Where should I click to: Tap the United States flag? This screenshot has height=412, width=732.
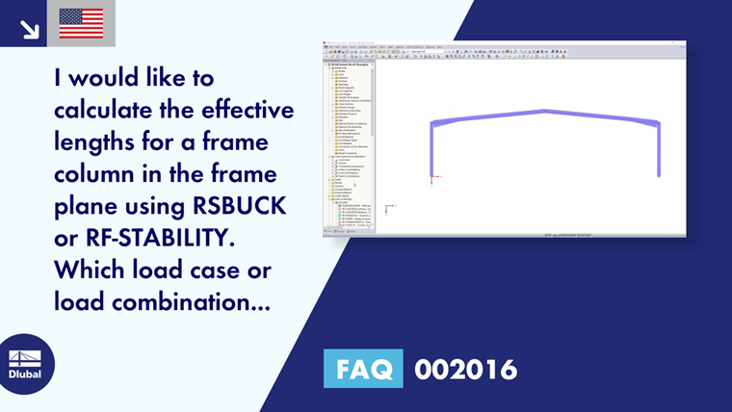[81, 23]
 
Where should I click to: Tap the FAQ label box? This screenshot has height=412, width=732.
[362, 369]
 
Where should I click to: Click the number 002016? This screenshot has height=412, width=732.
[465, 369]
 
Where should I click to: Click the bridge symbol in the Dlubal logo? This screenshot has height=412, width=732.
[25, 356]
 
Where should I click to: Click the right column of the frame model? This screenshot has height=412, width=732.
[659, 148]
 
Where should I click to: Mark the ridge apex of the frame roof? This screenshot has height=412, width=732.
[546, 111]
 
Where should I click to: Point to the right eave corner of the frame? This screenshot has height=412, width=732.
[659, 122]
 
